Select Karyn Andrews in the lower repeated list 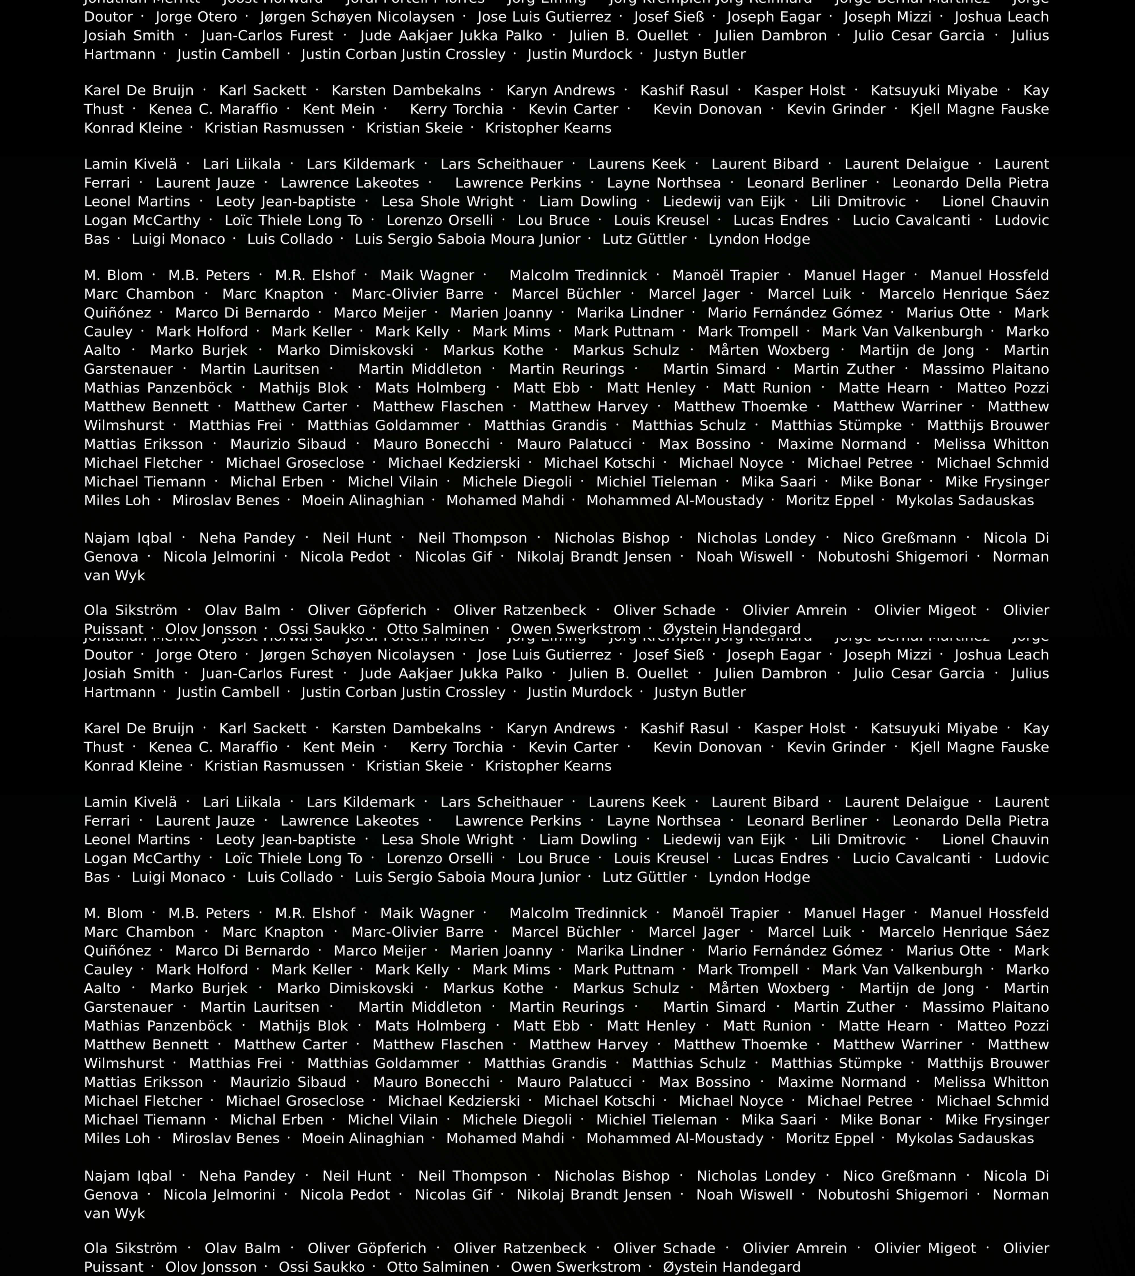[560, 728]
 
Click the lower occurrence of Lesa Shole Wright [447, 840]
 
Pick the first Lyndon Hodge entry [759, 239]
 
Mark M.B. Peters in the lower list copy [209, 913]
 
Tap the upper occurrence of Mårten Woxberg [769, 350]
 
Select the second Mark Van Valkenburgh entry [901, 969]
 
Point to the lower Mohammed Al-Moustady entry [675, 1139]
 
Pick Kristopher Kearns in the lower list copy [548, 766]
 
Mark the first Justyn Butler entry [700, 54]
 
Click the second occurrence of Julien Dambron [770, 673]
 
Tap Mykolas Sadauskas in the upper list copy [964, 501]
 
